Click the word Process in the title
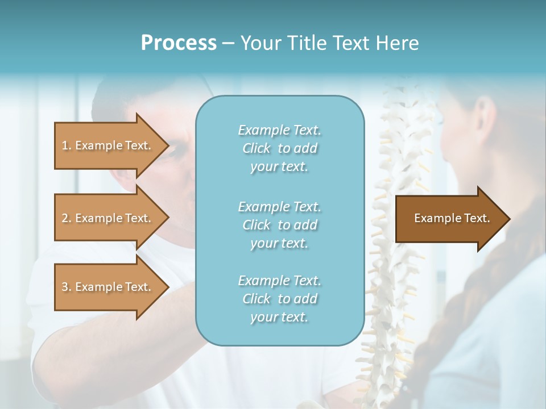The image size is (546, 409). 179,43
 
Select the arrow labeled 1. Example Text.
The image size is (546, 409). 111,145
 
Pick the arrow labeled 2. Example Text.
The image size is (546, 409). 111,218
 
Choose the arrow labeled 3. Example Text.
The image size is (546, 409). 111,287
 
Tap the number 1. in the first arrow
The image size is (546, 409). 67,145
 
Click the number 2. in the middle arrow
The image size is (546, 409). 67,218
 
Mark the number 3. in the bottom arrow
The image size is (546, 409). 67,287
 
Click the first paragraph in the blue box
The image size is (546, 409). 279,148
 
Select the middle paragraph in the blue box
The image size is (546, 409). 279,225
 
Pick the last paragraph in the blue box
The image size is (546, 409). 279,299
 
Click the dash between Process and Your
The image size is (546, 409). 229,43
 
